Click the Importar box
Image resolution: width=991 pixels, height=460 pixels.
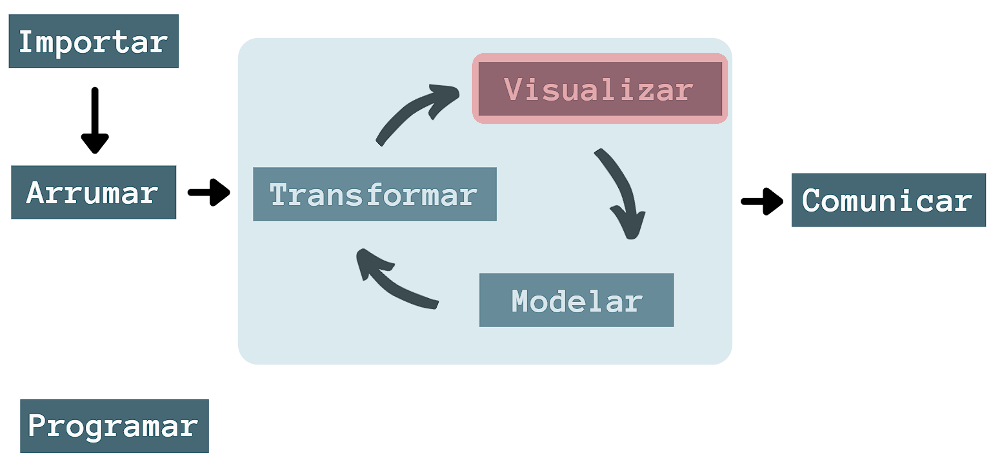(x=93, y=41)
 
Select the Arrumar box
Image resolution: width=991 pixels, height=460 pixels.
(x=93, y=192)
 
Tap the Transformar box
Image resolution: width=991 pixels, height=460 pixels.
(x=375, y=194)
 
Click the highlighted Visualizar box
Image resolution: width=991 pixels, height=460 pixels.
(x=600, y=88)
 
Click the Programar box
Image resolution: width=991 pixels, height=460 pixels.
(x=114, y=426)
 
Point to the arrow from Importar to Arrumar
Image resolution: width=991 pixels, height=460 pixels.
(x=95, y=120)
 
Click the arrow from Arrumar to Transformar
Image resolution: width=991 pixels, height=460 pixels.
(x=209, y=192)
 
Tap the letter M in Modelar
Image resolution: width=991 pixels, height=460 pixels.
(x=521, y=301)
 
